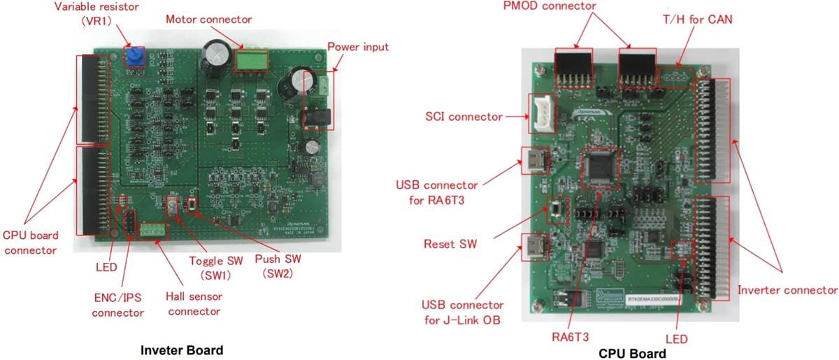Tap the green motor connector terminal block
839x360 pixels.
click(251, 60)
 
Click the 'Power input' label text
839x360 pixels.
click(357, 47)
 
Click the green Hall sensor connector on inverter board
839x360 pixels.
click(153, 231)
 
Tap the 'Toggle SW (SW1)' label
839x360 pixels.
click(216, 268)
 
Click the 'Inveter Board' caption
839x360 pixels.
click(182, 350)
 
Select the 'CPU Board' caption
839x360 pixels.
click(632, 353)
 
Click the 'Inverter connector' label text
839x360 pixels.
click(787, 289)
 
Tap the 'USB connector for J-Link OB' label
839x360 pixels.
click(461, 312)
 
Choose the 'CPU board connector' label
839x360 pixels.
click(31, 242)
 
